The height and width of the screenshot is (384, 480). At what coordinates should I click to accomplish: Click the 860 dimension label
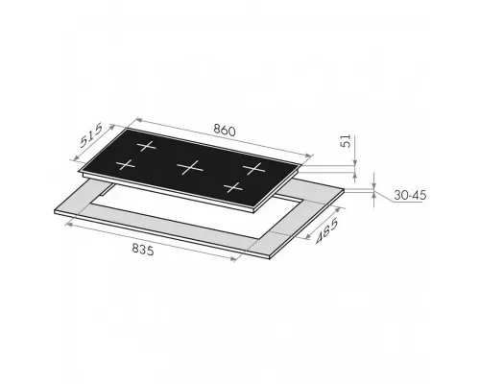[225, 130]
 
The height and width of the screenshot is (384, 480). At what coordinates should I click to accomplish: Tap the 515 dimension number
[91, 135]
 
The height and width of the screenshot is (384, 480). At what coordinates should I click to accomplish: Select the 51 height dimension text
[347, 141]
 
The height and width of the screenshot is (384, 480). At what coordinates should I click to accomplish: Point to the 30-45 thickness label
[410, 195]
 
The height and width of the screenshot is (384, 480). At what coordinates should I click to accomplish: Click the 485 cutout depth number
[326, 230]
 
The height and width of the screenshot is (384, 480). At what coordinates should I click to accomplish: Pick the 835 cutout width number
[143, 249]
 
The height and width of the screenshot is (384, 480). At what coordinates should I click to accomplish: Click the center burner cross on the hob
[190, 167]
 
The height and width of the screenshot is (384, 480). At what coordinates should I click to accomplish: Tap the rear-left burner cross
[147, 146]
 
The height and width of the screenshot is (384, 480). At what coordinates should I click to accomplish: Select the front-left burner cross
[126, 165]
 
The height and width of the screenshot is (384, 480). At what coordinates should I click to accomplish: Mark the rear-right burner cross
[254, 168]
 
